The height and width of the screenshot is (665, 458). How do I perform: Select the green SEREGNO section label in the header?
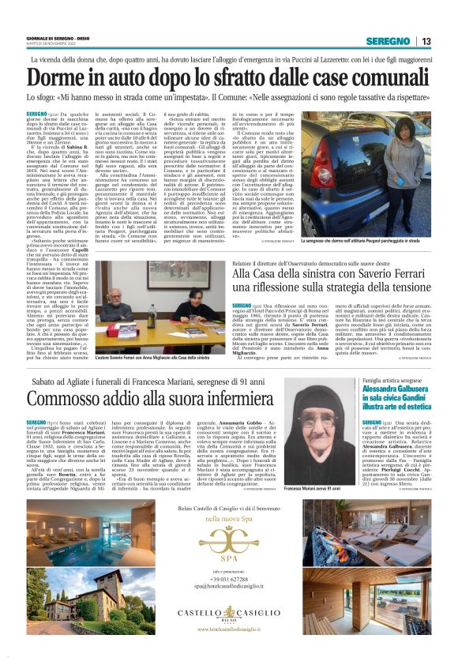[389, 41]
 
